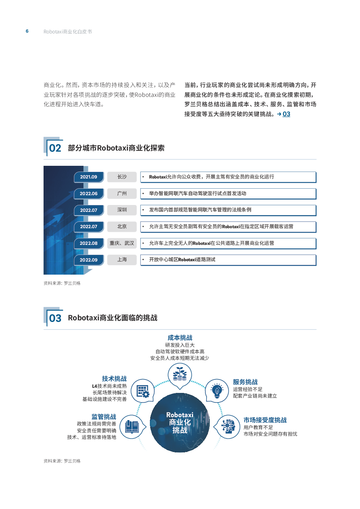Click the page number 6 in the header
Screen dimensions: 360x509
[x=27, y=31]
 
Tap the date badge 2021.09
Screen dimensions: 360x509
[x=89, y=177]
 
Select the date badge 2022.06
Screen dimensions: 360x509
[x=89, y=194]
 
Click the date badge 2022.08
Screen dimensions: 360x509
[x=89, y=243]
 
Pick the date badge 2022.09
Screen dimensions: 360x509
[x=89, y=260]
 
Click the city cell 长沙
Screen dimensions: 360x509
[x=122, y=177]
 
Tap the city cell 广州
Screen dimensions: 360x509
[x=122, y=193]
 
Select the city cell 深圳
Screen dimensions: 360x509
[x=122, y=210]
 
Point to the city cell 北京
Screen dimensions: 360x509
[x=122, y=226]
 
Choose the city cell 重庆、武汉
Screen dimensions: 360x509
[x=122, y=243]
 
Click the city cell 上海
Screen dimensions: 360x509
[x=122, y=260]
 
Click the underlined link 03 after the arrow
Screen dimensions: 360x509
[x=286, y=114]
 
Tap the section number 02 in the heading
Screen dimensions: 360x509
[x=55, y=148]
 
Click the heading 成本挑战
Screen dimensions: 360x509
[x=180, y=338]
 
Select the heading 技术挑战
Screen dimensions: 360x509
[x=114, y=378]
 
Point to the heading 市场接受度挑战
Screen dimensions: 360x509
[x=265, y=420]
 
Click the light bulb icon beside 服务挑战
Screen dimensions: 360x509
[x=217, y=391]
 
